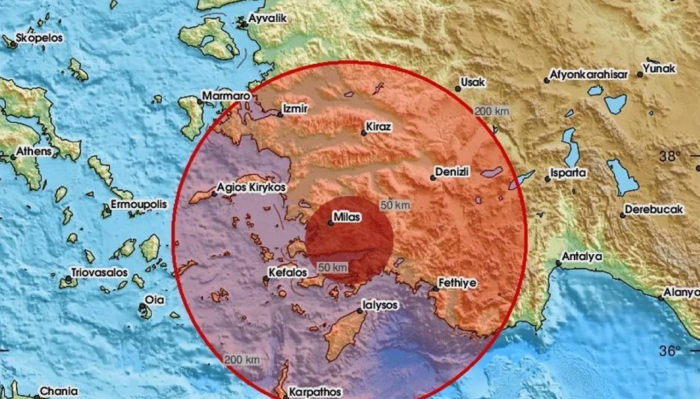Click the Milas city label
click(x=348, y=218)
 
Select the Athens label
click(x=34, y=151)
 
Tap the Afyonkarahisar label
click(x=588, y=74)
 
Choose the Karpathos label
click(x=315, y=392)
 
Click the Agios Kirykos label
click(x=252, y=187)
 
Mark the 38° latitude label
click(x=669, y=157)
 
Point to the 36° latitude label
click(x=669, y=350)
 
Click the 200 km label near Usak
click(x=492, y=112)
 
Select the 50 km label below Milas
click(x=332, y=267)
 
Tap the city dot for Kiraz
click(x=364, y=132)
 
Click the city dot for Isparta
click(x=547, y=179)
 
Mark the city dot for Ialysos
click(x=360, y=310)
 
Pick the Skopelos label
click(x=39, y=38)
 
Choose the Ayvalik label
click(x=267, y=19)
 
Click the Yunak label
click(x=659, y=69)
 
